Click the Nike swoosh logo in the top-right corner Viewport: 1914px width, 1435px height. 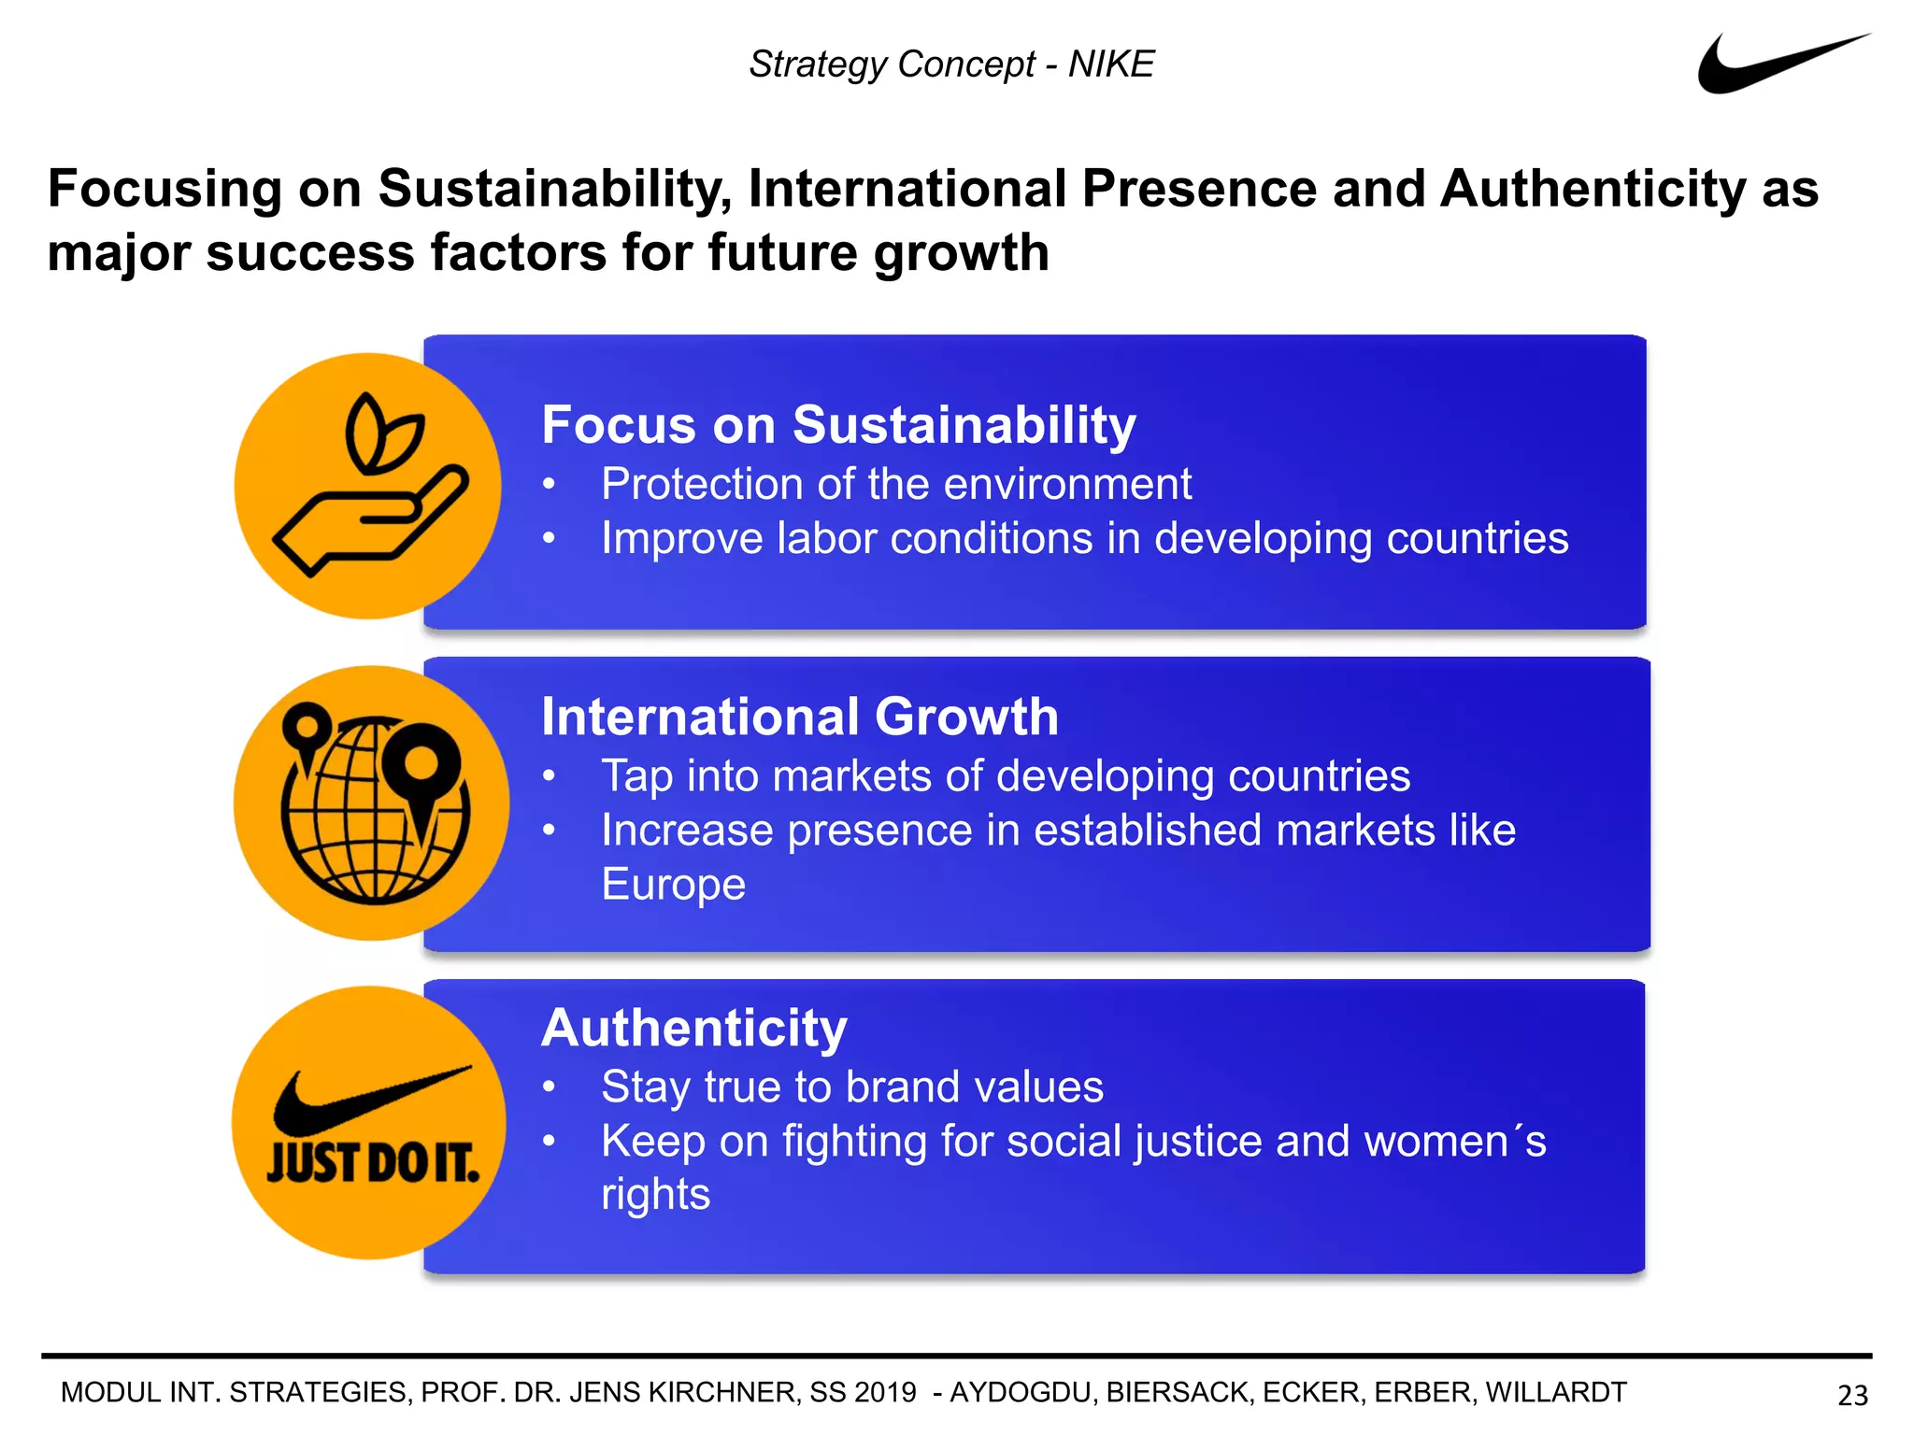tap(1766, 67)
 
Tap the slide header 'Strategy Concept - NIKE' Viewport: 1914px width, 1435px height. tap(951, 64)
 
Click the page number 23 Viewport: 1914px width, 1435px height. tap(1852, 1395)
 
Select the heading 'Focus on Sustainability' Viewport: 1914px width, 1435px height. tap(838, 425)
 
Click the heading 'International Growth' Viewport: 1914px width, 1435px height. tap(800, 717)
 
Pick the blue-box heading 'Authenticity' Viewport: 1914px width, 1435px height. tap(694, 1028)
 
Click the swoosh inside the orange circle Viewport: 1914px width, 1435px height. tap(371, 1101)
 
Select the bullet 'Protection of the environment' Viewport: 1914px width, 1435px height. tap(896, 484)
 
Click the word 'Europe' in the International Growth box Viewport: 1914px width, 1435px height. tap(673, 885)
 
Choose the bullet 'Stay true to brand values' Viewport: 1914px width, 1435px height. tap(852, 1087)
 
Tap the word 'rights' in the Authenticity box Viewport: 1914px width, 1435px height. tap(655, 1194)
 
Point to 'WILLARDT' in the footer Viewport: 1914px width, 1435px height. tap(1556, 1392)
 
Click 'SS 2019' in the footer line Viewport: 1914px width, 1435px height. tap(863, 1392)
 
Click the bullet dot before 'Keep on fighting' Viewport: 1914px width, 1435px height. tap(550, 1141)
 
